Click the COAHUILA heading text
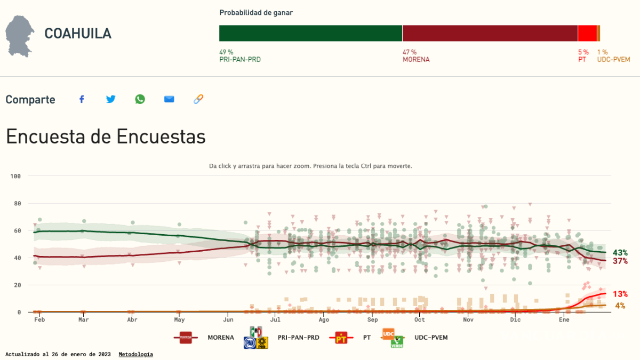[78, 34]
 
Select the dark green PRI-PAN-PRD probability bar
[310, 33]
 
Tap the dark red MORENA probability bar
[490, 33]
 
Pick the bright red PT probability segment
[587, 33]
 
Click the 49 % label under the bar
[226, 52]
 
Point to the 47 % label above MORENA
[410, 52]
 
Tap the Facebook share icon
[82, 99]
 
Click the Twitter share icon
[111, 99]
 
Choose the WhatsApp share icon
[140, 99]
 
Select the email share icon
[169, 99]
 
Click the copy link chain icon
[198, 99]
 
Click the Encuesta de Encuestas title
[106, 137]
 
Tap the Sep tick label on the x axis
[372, 320]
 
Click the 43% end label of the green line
[620, 253]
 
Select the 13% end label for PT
[620, 294]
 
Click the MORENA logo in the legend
[186, 337]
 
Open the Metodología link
[135, 354]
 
